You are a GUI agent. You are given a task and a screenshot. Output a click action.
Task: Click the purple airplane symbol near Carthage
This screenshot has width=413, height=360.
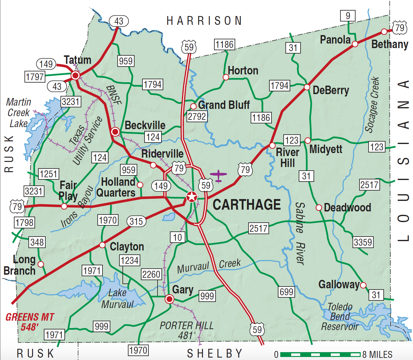(218, 176)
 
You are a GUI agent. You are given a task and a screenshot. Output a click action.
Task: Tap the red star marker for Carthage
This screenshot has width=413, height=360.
(191, 197)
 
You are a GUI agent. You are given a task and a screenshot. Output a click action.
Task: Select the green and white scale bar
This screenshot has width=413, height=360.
(320, 354)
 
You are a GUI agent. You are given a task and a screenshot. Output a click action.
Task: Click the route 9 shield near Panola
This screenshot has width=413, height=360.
(348, 15)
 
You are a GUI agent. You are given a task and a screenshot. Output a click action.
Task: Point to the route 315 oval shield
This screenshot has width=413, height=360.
(136, 221)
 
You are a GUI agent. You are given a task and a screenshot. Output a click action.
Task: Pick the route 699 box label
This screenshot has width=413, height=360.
(286, 292)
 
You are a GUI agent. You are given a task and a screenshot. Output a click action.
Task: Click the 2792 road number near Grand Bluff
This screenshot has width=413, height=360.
(197, 116)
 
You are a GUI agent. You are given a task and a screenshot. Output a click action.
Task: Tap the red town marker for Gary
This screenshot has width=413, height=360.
(169, 299)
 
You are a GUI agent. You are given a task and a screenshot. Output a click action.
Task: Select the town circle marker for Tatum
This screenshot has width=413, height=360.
(75, 75)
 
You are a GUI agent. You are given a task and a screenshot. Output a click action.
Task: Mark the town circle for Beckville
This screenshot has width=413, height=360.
(115, 132)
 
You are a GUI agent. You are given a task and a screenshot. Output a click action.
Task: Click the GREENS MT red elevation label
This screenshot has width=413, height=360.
(30, 322)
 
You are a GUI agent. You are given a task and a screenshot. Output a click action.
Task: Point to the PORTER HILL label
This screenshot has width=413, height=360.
(187, 330)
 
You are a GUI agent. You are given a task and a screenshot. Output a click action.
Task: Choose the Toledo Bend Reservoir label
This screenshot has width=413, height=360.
(340, 317)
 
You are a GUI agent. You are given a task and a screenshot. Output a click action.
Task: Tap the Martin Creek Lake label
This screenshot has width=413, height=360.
(18, 113)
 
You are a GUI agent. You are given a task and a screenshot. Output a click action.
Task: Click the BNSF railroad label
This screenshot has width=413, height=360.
(114, 95)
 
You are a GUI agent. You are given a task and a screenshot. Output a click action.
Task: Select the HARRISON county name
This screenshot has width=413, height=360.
(204, 21)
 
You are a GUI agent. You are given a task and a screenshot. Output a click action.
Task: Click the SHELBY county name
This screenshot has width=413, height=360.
(215, 353)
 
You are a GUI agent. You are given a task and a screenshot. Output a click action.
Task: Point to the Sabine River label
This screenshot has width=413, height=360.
(300, 233)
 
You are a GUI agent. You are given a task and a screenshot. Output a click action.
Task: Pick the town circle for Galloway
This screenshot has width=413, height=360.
(363, 285)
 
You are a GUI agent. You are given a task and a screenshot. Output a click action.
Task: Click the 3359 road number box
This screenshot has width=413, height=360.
(363, 242)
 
